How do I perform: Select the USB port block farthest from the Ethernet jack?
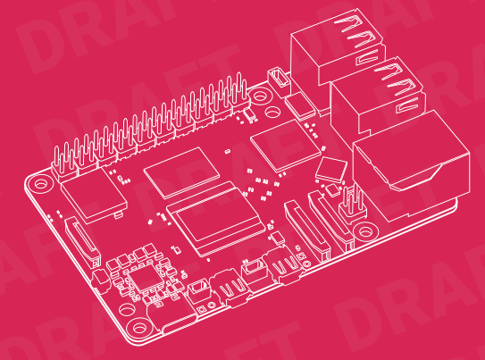[x=337, y=53]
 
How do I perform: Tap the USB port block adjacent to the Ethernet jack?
[x=377, y=99]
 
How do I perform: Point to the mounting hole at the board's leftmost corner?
[x=40, y=184]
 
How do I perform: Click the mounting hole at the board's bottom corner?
[x=139, y=328]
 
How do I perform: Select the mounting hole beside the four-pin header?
[x=365, y=231]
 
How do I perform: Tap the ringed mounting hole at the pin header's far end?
[x=259, y=95]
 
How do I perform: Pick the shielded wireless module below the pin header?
[x=94, y=195]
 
